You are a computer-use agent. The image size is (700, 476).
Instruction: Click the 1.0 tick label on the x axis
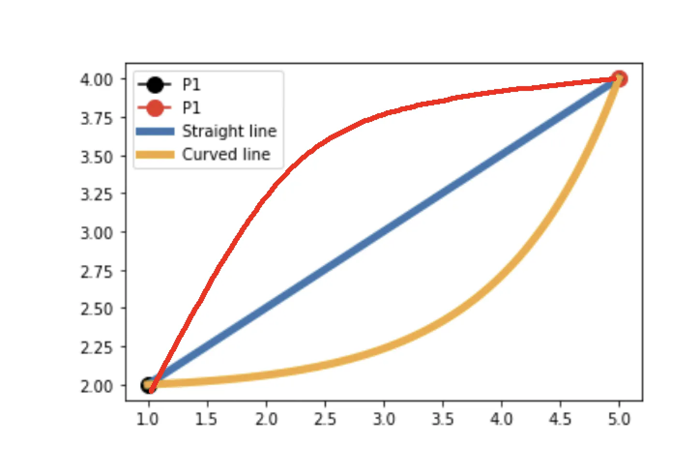[x=147, y=419]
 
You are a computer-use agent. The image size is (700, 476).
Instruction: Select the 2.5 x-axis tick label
[x=324, y=419]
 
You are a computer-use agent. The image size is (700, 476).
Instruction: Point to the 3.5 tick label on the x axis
[x=442, y=419]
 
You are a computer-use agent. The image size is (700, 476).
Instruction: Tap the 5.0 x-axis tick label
[x=619, y=419]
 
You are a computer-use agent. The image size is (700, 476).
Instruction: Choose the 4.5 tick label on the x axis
[x=560, y=419]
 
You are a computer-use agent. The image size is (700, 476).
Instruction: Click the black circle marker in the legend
[x=155, y=85]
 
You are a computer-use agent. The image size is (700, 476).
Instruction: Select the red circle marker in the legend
[x=155, y=108]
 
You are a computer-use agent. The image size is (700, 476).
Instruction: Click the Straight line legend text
[x=229, y=131]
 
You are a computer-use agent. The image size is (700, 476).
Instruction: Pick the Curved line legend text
[x=226, y=154]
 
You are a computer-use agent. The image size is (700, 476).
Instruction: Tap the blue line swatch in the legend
[x=155, y=131]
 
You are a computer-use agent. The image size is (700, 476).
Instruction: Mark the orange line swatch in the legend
[x=155, y=154]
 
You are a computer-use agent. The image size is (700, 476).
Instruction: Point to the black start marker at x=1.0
[x=147, y=386]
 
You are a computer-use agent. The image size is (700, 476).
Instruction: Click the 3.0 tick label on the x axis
[x=383, y=419]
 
